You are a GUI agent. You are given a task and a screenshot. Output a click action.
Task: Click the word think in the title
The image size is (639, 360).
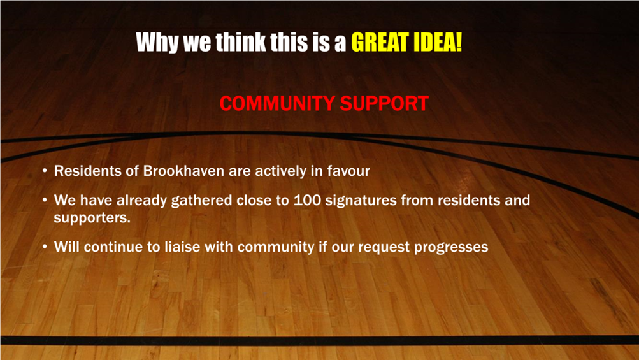(241, 42)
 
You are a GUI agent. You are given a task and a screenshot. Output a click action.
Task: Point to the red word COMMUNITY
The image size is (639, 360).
(277, 103)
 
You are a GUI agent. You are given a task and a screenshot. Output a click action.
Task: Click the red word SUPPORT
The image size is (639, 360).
(384, 103)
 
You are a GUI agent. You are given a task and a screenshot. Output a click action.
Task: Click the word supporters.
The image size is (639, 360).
(92, 218)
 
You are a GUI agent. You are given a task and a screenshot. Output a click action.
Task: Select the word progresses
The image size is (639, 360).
(451, 247)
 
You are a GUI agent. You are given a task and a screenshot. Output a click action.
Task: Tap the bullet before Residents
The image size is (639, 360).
(45, 171)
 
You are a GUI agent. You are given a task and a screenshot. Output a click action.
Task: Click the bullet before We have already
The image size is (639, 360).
(45, 201)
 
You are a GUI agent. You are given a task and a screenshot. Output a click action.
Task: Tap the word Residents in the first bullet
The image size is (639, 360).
(87, 170)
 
